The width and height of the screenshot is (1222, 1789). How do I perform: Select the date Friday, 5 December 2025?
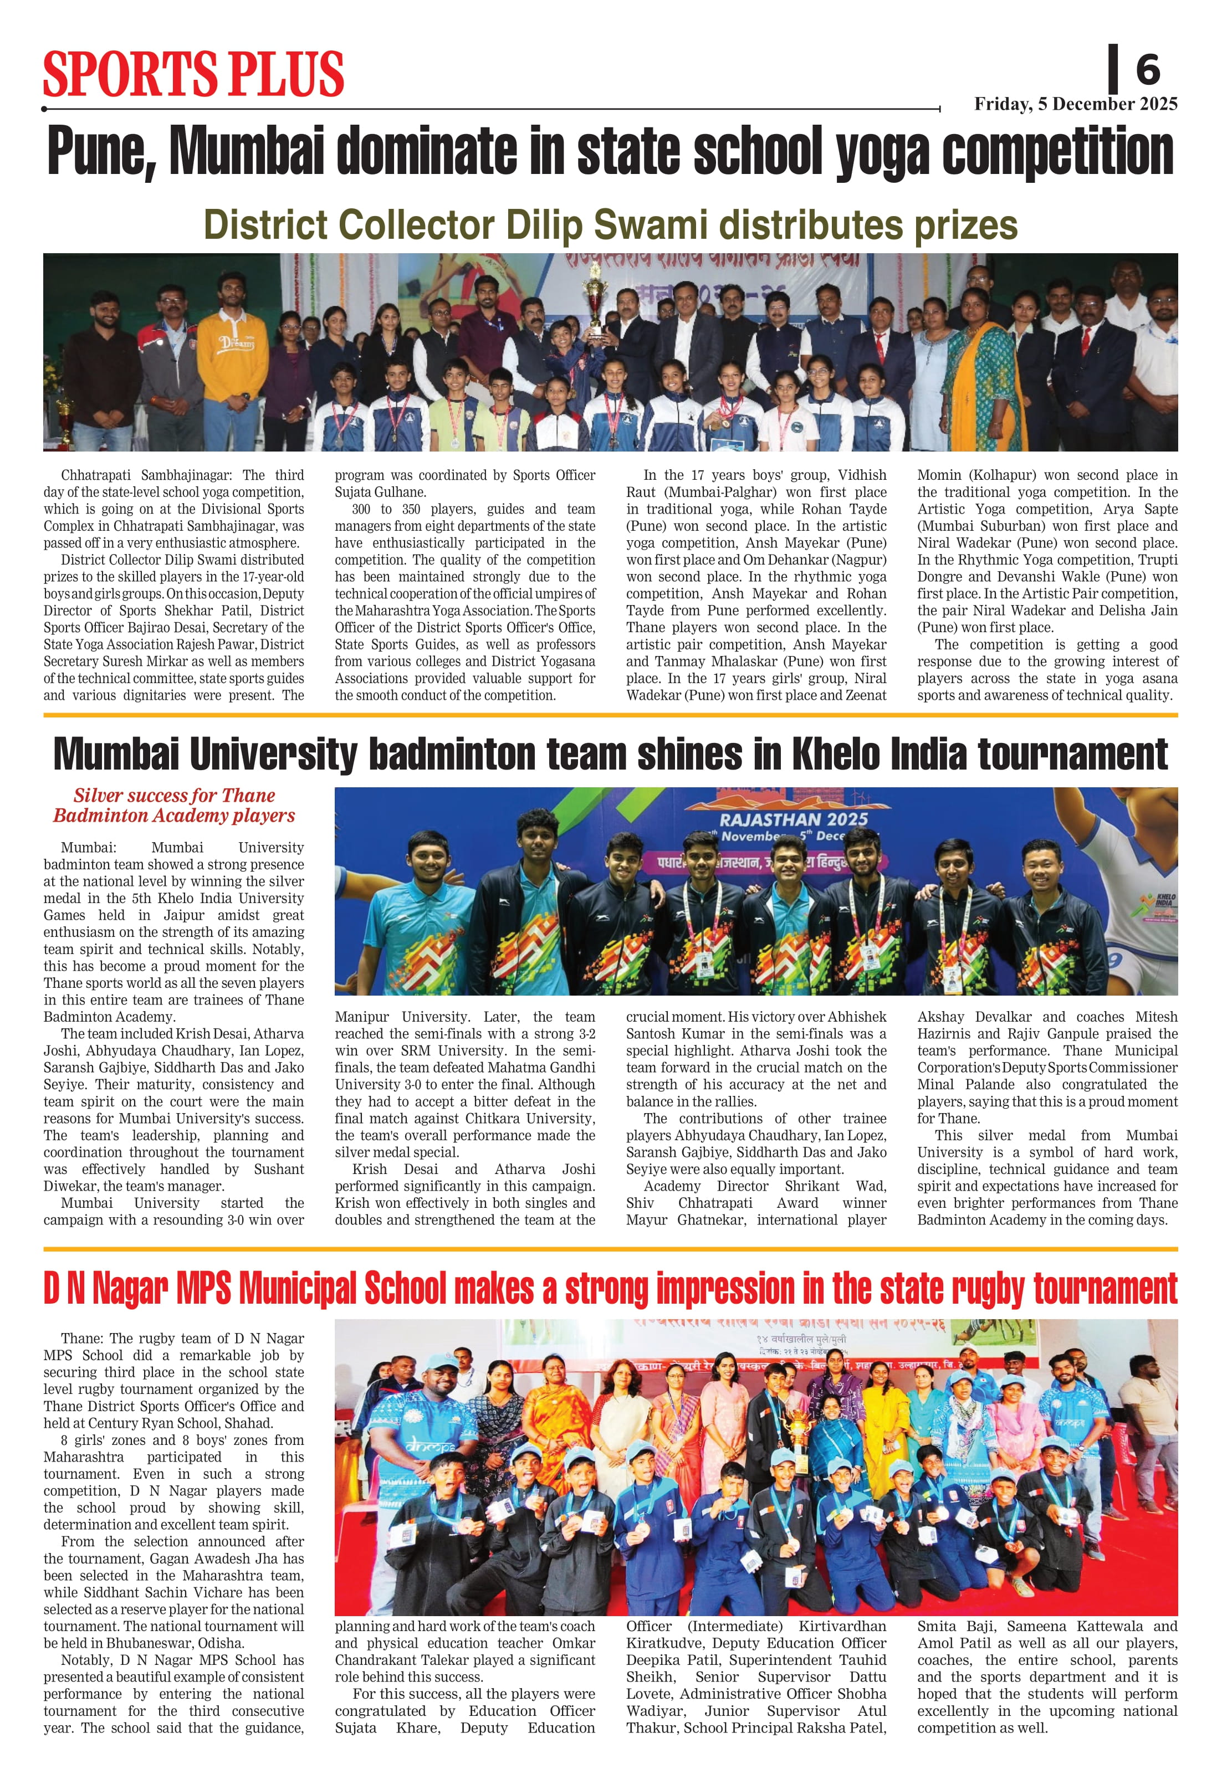pos(1075,104)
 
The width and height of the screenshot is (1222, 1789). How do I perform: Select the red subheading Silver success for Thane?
pos(174,795)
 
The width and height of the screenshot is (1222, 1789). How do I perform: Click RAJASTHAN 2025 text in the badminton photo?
pos(793,819)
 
